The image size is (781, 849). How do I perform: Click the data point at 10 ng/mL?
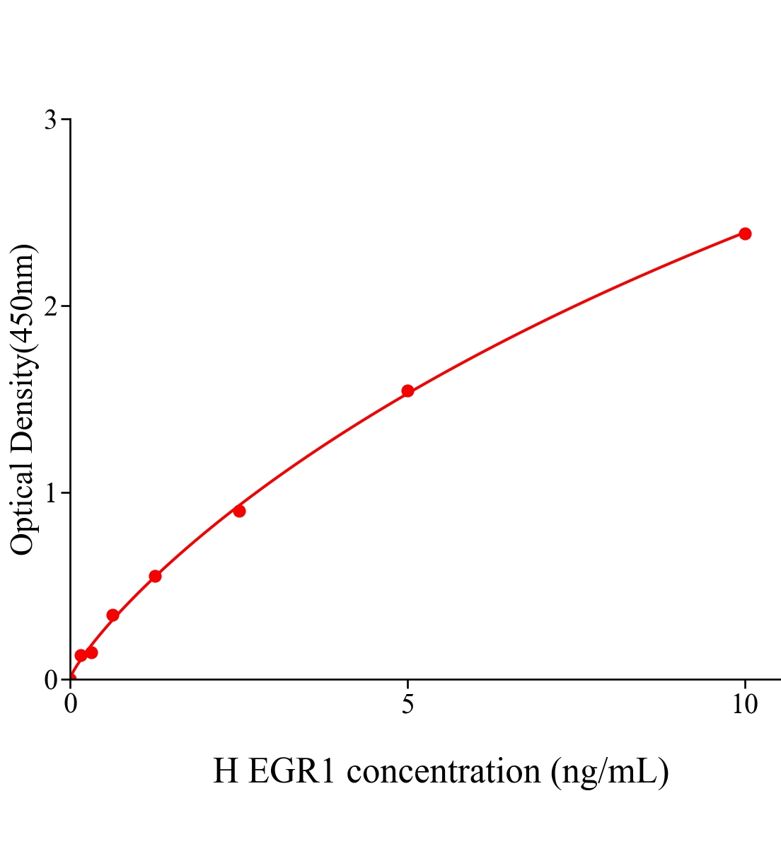pyautogui.click(x=745, y=233)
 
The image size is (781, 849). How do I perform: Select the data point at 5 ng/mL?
pyautogui.click(x=407, y=391)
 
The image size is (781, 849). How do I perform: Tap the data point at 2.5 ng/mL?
pyautogui.click(x=239, y=511)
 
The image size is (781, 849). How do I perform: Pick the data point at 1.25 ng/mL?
pyautogui.click(x=155, y=576)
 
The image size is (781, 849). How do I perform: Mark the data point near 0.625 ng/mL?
pyautogui.click(x=112, y=615)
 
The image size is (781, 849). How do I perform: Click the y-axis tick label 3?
pyautogui.click(x=50, y=120)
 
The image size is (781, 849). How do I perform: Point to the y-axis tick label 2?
pyautogui.click(x=50, y=306)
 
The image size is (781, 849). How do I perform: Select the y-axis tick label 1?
pyautogui.click(x=50, y=493)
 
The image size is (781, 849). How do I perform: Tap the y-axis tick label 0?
pyautogui.click(x=50, y=680)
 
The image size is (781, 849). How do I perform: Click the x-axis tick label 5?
pyautogui.click(x=407, y=705)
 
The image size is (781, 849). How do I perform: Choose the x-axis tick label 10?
pyautogui.click(x=744, y=705)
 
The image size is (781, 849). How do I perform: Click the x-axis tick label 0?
pyautogui.click(x=70, y=705)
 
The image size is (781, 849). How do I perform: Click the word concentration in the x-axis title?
pyautogui.click(x=444, y=771)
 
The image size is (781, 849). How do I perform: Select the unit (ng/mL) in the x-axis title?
pyautogui.click(x=610, y=771)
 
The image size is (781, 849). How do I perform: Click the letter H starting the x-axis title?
pyautogui.click(x=226, y=771)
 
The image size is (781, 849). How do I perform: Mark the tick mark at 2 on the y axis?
pyautogui.click(x=65, y=306)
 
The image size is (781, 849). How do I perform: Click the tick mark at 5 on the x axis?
pyautogui.click(x=407, y=684)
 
